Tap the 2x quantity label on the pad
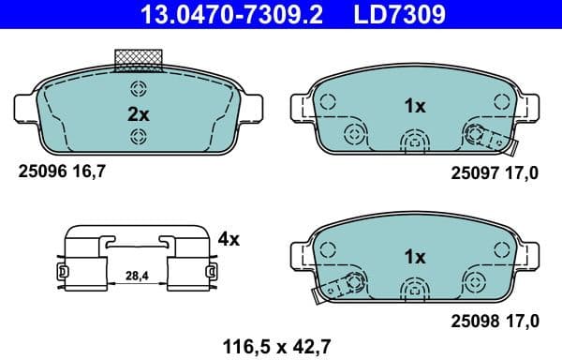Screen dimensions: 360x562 pyautogui.click(x=139, y=114)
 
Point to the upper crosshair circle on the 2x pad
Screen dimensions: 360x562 pyautogui.click(x=139, y=90)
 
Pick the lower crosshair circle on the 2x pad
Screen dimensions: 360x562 pyautogui.click(x=139, y=138)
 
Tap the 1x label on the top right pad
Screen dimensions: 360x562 pyautogui.click(x=414, y=107)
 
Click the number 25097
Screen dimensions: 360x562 pyautogui.click(x=472, y=173)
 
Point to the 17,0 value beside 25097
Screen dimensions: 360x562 pyautogui.click(x=523, y=173)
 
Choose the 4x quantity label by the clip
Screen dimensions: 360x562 pyautogui.click(x=228, y=239)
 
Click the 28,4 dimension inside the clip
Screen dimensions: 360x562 pyautogui.click(x=137, y=276)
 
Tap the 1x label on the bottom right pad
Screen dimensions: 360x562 pyautogui.click(x=414, y=256)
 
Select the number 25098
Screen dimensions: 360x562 pyautogui.click(x=472, y=322)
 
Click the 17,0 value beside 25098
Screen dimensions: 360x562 pyautogui.click(x=523, y=322)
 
